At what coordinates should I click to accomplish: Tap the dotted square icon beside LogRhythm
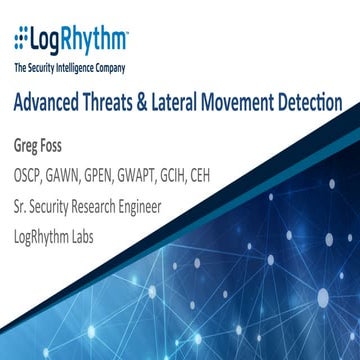20,41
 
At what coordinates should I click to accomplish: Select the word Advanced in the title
51,103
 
